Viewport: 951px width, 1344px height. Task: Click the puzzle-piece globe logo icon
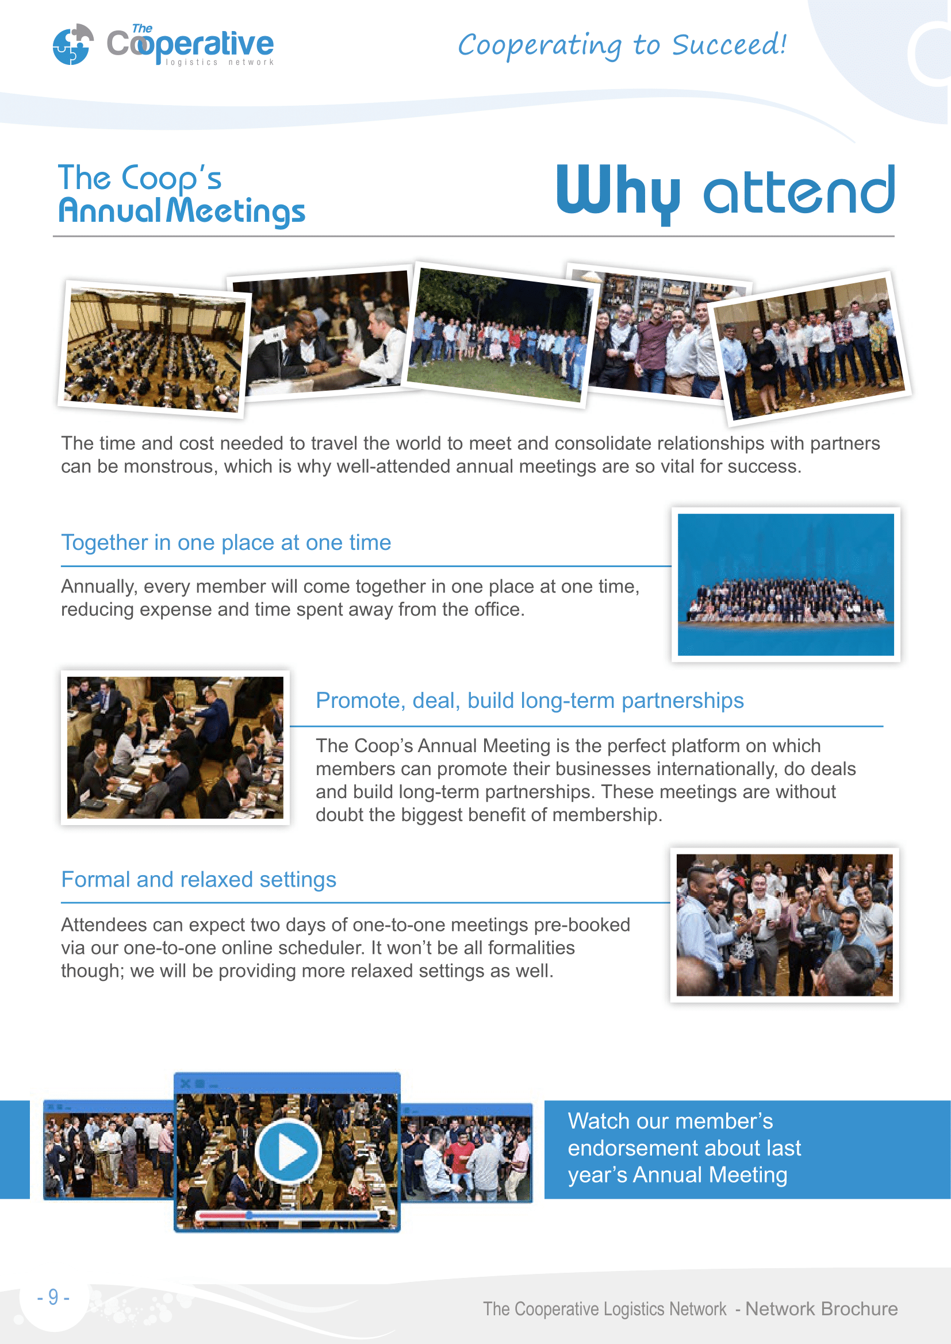pyautogui.click(x=72, y=44)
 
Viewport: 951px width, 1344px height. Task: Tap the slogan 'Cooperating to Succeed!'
pyautogui.click(x=622, y=45)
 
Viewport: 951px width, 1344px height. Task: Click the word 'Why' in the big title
pyautogui.click(x=618, y=191)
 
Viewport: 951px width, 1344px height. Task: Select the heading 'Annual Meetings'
pyautogui.click(x=182, y=211)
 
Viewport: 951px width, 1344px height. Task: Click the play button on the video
pyautogui.click(x=288, y=1152)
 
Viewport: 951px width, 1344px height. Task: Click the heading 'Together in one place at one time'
pyautogui.click(x=226, y=542)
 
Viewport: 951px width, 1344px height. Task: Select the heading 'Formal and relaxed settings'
pyautogui.click(x=198, y=879)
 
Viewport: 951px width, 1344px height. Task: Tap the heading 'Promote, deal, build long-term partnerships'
pyautogui.click(x=530, y=700)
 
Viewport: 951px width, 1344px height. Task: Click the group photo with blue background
pyautogui.click(x=785, y=584)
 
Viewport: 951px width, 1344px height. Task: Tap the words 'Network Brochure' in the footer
pyautogui.click(x=821, y=1308)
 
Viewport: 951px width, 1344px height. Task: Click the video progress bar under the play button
pyautogui.click(x=287, y=1215)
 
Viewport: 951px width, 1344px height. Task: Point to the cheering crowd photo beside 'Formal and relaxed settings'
pyautogui.click(x=784, y=925)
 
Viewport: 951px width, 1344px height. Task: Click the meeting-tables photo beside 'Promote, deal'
pyautogui.click(x=175, y=748)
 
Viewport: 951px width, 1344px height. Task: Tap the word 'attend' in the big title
pyautogui.click(x=799, y=191)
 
